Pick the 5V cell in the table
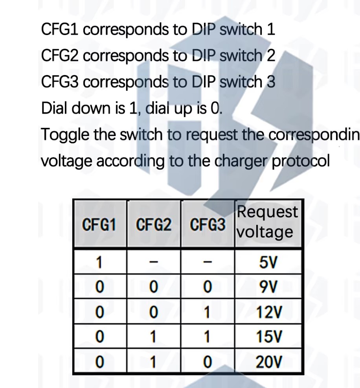pyautogui.click(x=268, y=262)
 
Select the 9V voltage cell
pyautogui.click(x=268, y=287)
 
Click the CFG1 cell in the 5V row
pyautogui.click(x=99, y=262)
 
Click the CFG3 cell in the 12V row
pyautogui.click(x=208, y=312)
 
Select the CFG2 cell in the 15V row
pyautogui.click(x=153, y=337)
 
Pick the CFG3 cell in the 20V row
pyautogui.click(x=208, y=362)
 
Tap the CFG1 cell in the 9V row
pyautogui.click(x=99, y=287)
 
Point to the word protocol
pyautogui.click(x=301, y=161)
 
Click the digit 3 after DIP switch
pyautogui.click(x=271, y=82)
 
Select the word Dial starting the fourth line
pyautogui.click(x=54, y=108)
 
